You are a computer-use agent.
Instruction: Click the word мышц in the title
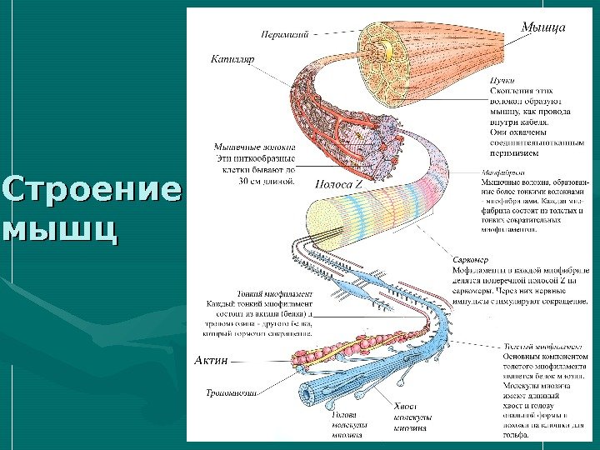[58, 227]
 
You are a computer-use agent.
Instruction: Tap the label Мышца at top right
[543, 27]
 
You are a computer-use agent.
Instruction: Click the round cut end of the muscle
[385, 48]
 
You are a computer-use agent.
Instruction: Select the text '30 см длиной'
[267, 177]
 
